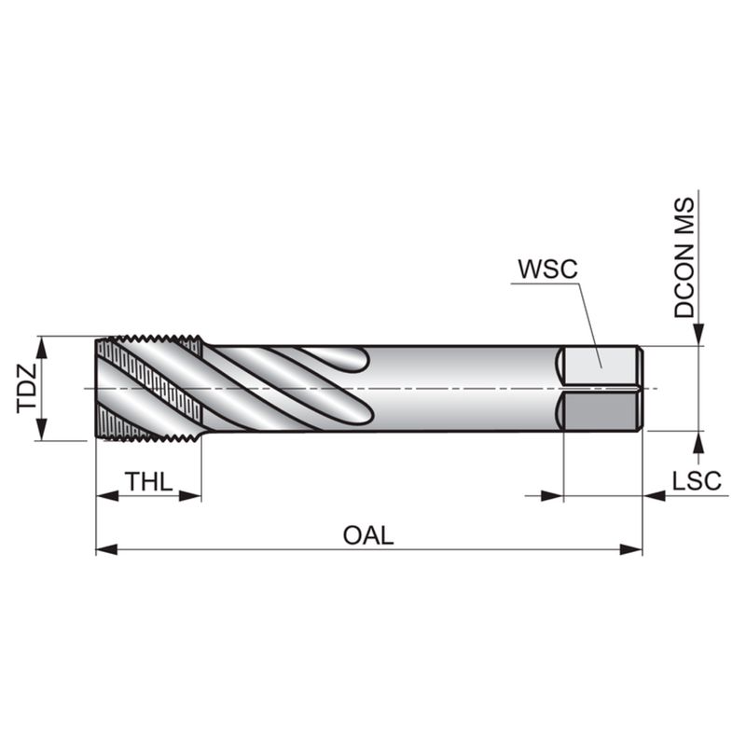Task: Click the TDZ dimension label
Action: pyautogui.click(x=27, y=388)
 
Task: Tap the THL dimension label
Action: pyautogui.click(x=149, y=481)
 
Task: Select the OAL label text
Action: pyautogui.click(x=368, y=535)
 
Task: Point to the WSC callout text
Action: pyautogui.click(x=547, y=269)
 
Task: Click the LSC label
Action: pyautogui.click(x=697, y=480)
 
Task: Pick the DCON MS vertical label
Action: pyautogui.click(x=684, y=258)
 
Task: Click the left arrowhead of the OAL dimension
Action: pyautogui.click(x=106, y=549)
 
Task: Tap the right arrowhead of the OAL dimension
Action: pyautogui.click(x=631, y=549)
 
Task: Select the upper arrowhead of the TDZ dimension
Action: pyautogui.click(x=42, y=347)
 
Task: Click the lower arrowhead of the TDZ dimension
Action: pyautogui.click(x=42, y=429)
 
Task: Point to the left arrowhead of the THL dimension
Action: pyautogui.click(x=107, y=496)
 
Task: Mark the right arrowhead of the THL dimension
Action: pyautogui.click(x=190, y=496)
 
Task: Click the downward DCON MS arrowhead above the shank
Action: pyautogui.click(x=698, y=334)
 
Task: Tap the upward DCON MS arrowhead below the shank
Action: pyautogui.click(x=698, y=442)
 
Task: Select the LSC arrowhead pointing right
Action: pyautogui.click(x=552, y=496)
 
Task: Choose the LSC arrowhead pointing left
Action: pyautogui.click(x=655, y=496)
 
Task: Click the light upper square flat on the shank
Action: pyautogui.click(x=601, y=366)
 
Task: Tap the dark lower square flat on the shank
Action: pyautogui.click(x=601, y=410)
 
